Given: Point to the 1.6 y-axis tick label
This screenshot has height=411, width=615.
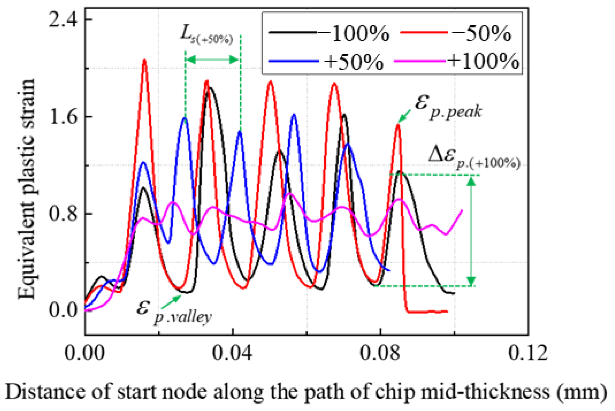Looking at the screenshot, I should [63, 117].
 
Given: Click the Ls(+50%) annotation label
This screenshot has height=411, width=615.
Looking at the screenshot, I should [206, 36].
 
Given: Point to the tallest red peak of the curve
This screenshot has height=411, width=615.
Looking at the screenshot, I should [144, 60].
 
